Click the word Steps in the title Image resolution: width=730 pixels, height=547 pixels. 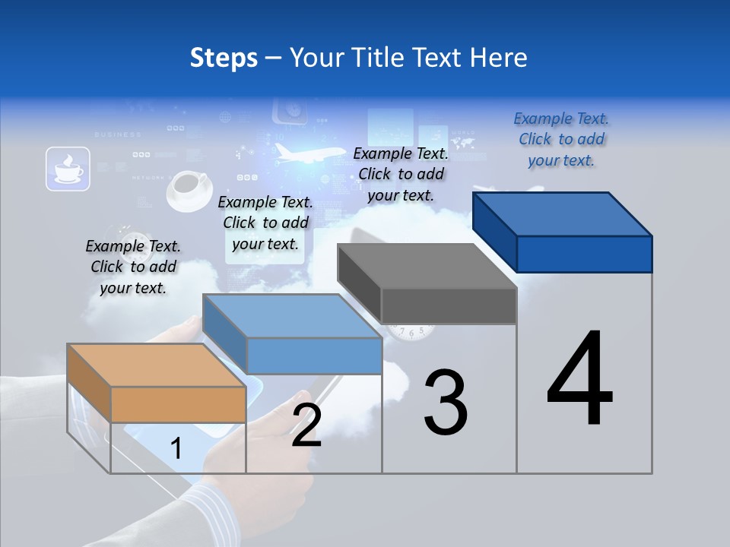tap(224, 58)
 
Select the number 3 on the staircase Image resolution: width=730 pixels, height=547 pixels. tap(446, 403)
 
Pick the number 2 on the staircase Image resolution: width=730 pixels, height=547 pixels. tap(306, 425)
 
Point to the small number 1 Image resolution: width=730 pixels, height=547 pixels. tap(176, 448)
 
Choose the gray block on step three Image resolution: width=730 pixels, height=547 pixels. tap(427, 283)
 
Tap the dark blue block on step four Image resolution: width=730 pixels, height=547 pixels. tap(563, 232)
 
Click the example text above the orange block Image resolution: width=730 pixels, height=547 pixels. tap(133, 267)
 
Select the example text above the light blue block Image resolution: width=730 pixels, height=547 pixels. tap(265, 223)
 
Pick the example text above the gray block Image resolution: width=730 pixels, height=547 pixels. tap(401, 174)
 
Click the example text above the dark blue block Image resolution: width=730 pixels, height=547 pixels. tap(561, 139)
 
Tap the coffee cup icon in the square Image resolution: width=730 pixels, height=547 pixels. tap(68, 169)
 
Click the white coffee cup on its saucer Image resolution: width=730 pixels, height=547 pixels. tap(188, 190)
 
